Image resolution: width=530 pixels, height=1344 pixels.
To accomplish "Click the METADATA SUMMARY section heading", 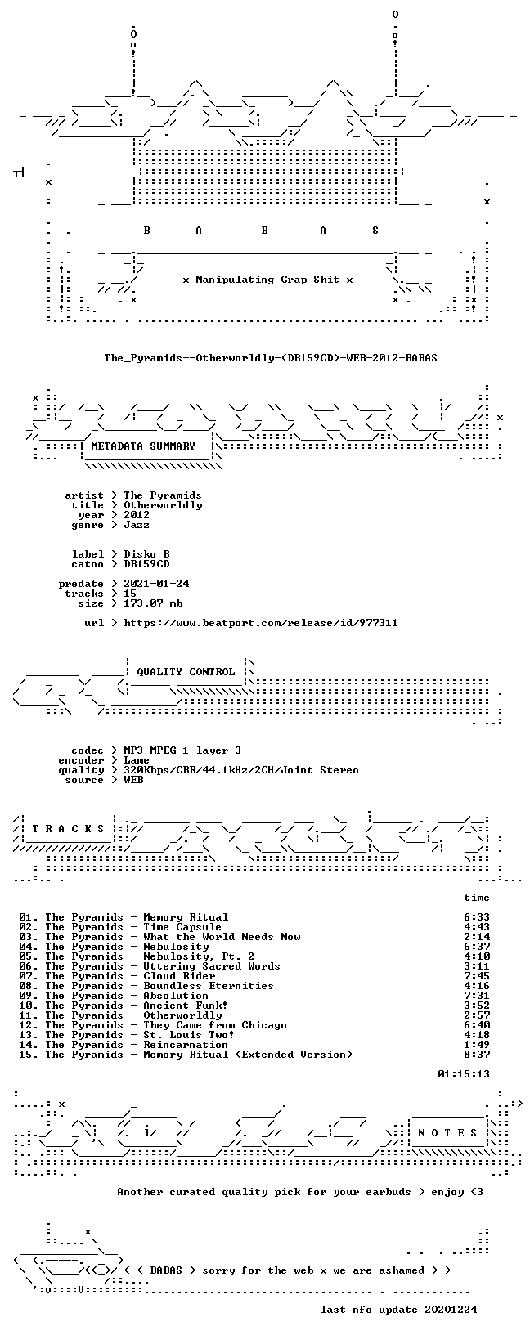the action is pos(143,446).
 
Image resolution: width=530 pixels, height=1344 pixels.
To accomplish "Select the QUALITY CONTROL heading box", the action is pos(186,672).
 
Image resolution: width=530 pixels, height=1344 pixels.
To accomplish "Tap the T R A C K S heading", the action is pos(69,829).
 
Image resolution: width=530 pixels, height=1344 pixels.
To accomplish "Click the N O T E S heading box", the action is pos(447,1133).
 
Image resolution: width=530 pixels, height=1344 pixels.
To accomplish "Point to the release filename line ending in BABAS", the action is pos(271,358).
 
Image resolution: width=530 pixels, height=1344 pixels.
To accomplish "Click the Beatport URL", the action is pos(260,623).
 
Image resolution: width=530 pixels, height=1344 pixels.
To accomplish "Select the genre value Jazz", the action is pos(137,525).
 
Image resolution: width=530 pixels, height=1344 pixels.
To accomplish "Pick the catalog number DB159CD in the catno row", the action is pos(146,564).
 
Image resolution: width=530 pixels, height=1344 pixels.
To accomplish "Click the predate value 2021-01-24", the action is pos(156,584).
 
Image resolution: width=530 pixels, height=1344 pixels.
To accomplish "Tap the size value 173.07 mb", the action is pos(153,603).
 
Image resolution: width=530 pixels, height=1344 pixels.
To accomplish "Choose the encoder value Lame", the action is pos(137,760).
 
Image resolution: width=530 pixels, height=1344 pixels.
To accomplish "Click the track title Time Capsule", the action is pos(182,927).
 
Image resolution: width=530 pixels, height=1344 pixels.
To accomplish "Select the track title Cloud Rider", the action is pos(179,976).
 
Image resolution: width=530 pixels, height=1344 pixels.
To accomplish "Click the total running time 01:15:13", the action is pos(464,1074).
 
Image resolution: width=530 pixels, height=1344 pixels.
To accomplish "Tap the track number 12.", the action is pos(27,1025).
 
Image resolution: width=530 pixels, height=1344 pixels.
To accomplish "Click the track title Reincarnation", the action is pos(186,1045).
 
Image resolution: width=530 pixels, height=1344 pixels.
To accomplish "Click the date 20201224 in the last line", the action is pos(451,1309).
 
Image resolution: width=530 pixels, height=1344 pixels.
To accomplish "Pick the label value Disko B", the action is pos(146,554).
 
